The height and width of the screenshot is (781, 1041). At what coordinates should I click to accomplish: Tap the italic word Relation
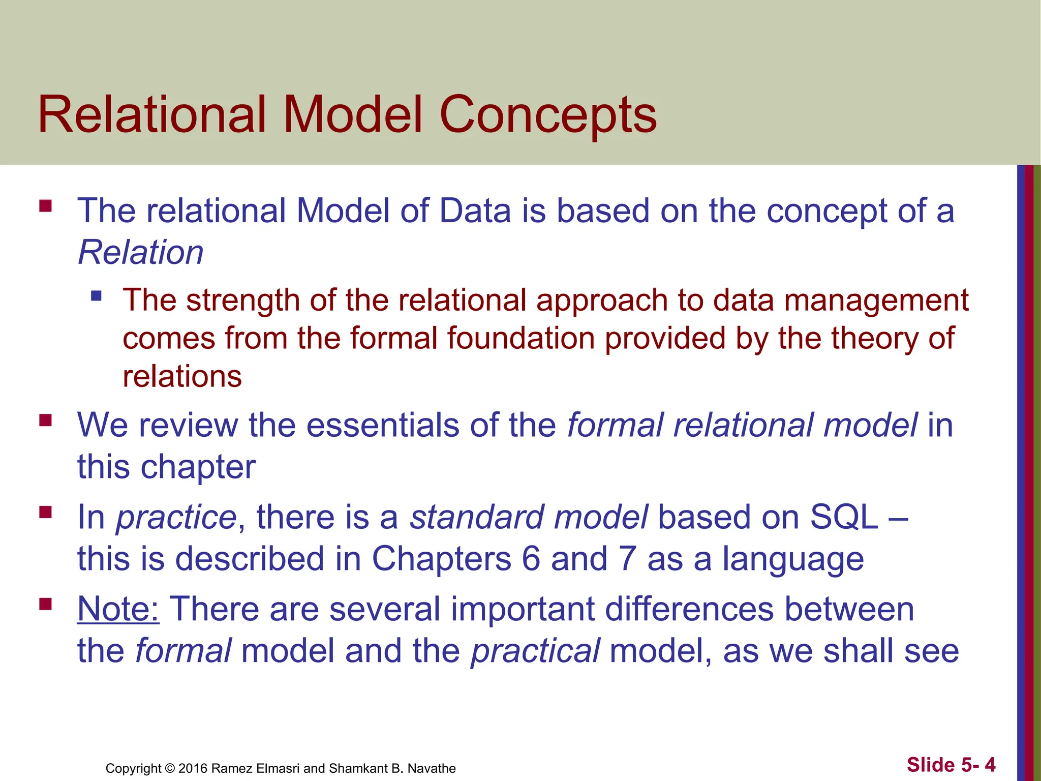[x=141, y=252]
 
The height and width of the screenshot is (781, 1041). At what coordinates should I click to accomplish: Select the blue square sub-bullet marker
[x=96, y=295]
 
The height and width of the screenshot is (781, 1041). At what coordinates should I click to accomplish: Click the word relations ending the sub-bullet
[x=182, y=377]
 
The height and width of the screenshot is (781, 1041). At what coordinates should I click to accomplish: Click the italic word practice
[x=176, y=518]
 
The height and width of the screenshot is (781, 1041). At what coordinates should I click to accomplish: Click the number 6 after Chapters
[x=531, y=559]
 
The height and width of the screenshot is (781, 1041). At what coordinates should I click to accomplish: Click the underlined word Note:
[x=118, y=609]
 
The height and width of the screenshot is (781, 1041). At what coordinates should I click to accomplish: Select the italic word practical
[x=535, y=651]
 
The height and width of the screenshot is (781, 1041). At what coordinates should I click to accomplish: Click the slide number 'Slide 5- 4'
[x=951, y=765]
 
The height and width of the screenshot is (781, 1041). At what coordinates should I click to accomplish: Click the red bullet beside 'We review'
[x=45, y=420]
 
